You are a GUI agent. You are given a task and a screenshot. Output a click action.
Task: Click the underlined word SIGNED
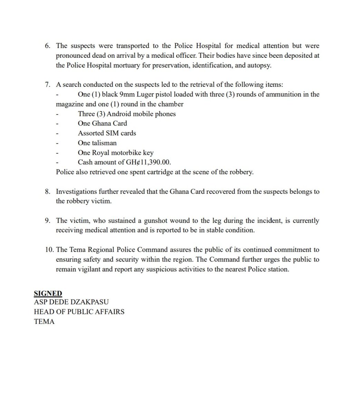tap(48, 294)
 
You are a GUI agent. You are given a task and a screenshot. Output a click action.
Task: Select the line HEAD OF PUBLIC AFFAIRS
tap(79, 312)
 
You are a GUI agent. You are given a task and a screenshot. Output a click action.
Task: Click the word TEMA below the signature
tap(44, 321)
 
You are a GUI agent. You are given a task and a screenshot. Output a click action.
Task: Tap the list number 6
tap(48, 46)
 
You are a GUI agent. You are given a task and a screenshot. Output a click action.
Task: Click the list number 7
tap(48, 85)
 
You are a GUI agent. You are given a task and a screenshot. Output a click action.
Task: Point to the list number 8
tap(48, 192)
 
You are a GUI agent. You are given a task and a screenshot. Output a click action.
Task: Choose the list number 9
tap(48, 221)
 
